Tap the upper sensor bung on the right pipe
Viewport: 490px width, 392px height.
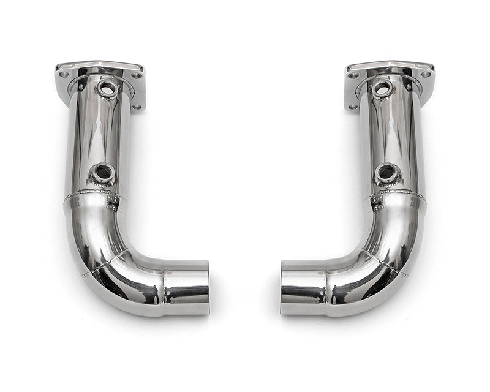click(381, 89)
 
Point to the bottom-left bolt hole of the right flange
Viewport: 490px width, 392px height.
click(353, 107)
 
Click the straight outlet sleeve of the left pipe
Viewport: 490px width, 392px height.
click(187, 287)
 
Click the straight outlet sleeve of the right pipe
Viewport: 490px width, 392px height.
click(303, 287)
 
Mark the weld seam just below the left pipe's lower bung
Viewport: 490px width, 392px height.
click(92, 197)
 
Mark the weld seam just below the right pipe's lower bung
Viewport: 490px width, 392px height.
click(398, 197)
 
